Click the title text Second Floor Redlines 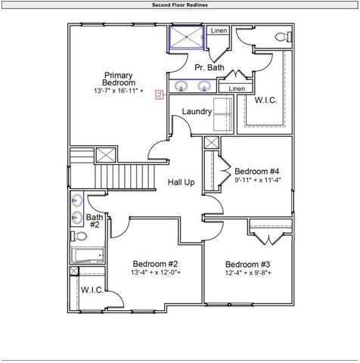click(x=180, y=5)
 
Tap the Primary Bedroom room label click(x=119, y=79)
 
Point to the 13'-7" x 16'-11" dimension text click(x=119, y=91)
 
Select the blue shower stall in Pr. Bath click(x=185, y=38)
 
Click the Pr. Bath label click(x=209, y=68)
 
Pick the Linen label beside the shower click(x=219, y=31)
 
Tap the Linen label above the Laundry click(x=237, y=88)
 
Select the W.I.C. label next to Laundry click(x=265, y=100)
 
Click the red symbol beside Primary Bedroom click(x=160, y=95)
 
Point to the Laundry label click(x=197, y=112)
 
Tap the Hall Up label click(x=181, y=182)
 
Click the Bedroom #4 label click(x=257, y=171)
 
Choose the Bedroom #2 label click(x=155, y=262)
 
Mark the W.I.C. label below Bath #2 click(x=92, y=290)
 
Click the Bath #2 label click(x=95, y=221)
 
